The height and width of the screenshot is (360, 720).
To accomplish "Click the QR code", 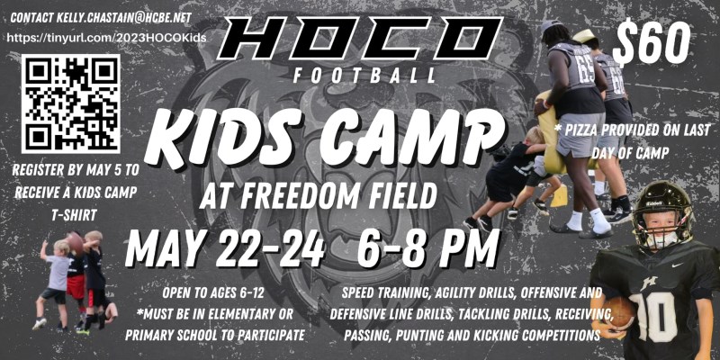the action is point(71,103).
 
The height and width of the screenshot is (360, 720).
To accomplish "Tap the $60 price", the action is point(651,42).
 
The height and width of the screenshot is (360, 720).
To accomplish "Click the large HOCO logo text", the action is point(360,39).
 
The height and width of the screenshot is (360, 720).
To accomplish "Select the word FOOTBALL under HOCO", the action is point(364,76).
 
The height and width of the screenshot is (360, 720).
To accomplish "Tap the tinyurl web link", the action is point(106,38).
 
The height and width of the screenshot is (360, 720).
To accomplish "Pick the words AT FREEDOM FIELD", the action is point(319,195).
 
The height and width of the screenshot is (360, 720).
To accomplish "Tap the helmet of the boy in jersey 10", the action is point(662,212).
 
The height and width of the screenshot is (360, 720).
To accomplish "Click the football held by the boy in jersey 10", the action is point(618,312).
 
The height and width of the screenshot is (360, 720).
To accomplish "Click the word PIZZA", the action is point(583,130).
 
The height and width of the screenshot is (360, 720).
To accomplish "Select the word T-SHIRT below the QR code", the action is point(74,214).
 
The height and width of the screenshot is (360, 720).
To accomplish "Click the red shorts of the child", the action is point(76,286).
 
